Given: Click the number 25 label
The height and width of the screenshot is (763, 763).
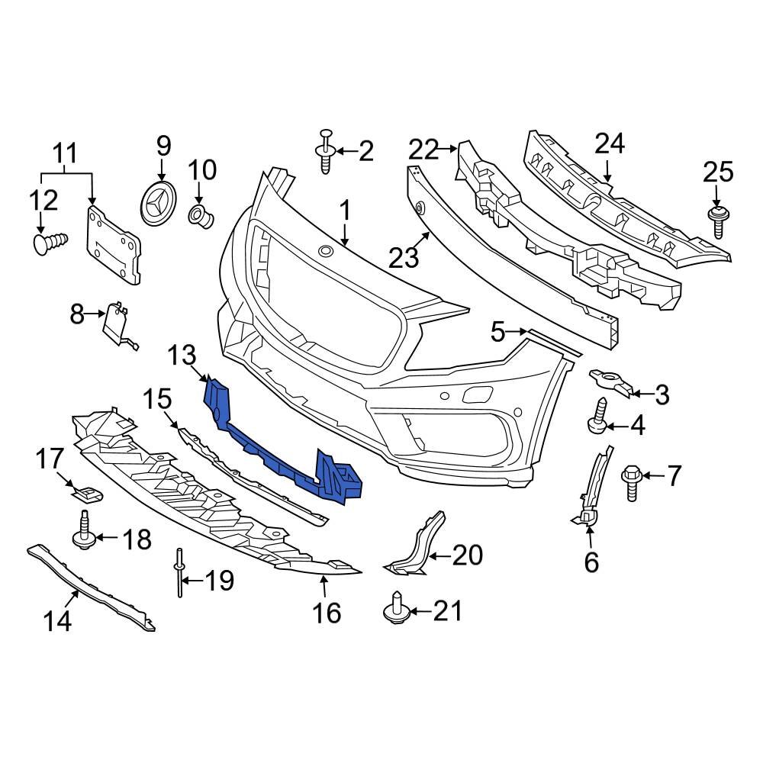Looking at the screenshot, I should [717, 173].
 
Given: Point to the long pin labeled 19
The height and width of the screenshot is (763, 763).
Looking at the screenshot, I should [179, 574].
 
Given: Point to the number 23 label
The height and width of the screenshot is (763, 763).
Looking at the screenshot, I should [404, 257].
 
